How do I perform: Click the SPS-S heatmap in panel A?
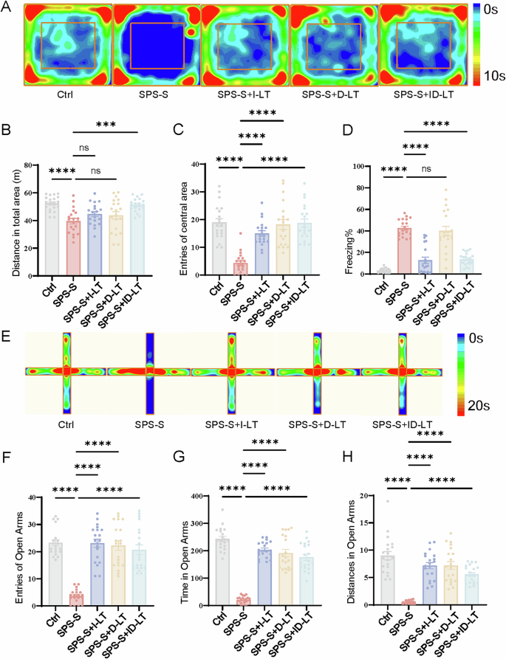point(156,44)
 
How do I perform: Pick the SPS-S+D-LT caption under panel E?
point(316,424)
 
